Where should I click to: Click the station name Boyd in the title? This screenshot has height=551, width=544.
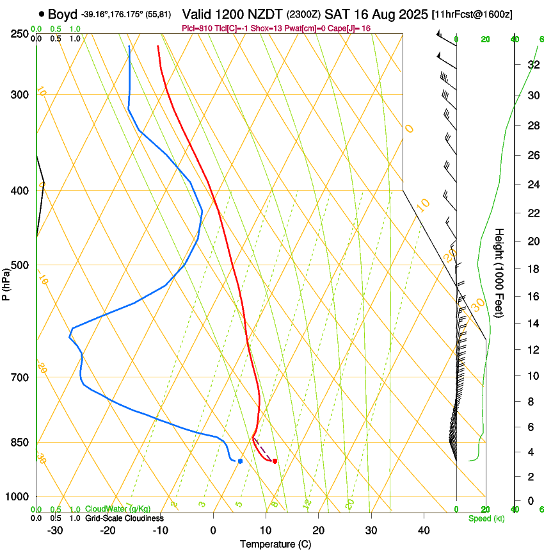pyautogui.click(x=62, y=13)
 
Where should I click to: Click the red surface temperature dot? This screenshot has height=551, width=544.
pyautogui.click(x=275, y=461)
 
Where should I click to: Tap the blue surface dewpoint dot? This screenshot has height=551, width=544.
pyautogui.click(x=240, y=461)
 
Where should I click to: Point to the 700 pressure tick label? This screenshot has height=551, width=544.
pyautogui.click(x=20, y=377)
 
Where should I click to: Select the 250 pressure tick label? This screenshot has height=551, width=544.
pyautogui.click(x=20, y=34)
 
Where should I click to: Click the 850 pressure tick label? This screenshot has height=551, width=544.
pyautogui.click(x=20, y=443)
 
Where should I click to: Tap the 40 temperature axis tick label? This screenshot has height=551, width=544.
pyautogui.click(x=423, y=530)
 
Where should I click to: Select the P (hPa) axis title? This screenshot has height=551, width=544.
pyautogui.click(x=6, y=283)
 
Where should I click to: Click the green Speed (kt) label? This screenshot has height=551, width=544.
pyautogui.click(x=486, y=518)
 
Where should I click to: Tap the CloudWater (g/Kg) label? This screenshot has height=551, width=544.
pyautogui.click(x=118, y=509)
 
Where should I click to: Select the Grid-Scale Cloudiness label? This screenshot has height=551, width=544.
pyautogui.click(x=124, y=518)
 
